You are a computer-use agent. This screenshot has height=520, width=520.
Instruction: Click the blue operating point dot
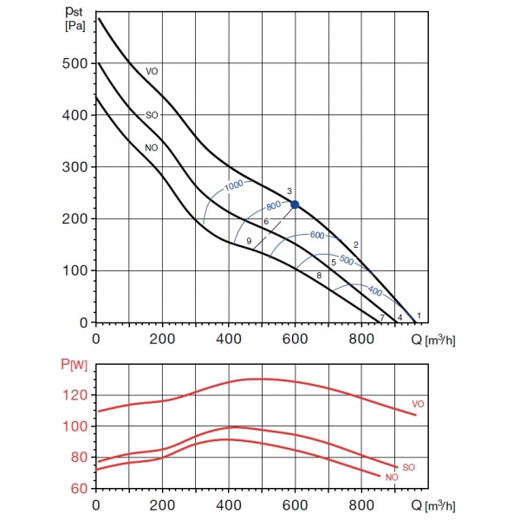(x=295, y=205)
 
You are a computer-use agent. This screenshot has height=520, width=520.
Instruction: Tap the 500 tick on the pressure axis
(x=75, y=63)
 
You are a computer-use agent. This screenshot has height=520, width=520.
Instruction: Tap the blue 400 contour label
(x=375, y=291)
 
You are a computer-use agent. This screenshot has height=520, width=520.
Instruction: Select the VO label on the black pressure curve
(x=152, y=71)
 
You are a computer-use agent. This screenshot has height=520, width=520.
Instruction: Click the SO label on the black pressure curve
(x=152, y=114)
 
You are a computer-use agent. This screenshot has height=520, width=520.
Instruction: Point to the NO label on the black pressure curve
(x=151, y=147)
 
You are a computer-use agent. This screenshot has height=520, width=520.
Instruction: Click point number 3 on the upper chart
(x=289, y=191)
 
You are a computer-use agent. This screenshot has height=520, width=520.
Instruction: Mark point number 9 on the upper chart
(x=249, y=241)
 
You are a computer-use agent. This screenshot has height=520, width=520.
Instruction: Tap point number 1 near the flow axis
(x=419, y=315)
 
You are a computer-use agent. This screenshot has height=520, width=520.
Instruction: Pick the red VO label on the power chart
(x=418, y=405)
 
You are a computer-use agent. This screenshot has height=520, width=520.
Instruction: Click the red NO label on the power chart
(x=392, y=478)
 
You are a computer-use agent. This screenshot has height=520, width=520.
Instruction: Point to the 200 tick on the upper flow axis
(x=162, y=338)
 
